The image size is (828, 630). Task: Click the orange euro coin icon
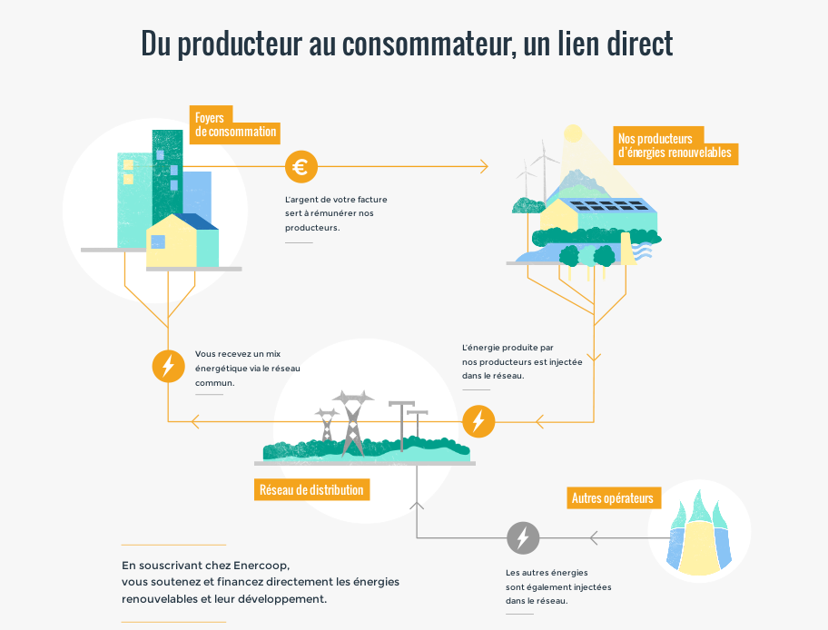point(301,167)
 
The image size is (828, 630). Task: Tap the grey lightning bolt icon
point(522,538)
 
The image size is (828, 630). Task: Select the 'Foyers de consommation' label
point(235,125)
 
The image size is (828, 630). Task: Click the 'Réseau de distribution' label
point(311,490)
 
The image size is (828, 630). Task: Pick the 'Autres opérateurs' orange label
point(612,498)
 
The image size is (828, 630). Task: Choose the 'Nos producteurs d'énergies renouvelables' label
point(675,146)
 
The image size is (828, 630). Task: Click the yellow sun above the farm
point(573,134)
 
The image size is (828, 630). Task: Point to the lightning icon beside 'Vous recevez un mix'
point(168,366)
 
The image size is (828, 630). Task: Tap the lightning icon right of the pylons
point(478,421)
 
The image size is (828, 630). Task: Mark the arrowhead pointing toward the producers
point(483,167)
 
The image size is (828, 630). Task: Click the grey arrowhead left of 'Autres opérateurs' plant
point(594,538)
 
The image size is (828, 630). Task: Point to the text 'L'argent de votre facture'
point(335,199)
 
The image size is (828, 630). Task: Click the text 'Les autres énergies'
point(547,573)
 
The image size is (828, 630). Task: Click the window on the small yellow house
point(158,241)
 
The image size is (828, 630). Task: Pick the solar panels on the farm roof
point(608,205)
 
